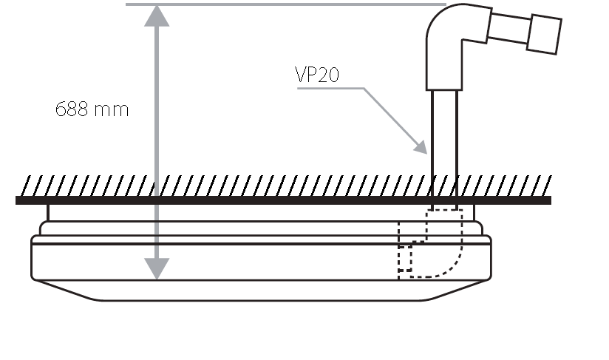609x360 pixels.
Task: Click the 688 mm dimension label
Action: (92, 110)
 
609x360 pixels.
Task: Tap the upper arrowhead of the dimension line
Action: (156, 15)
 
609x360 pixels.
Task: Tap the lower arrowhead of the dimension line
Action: (156, 268)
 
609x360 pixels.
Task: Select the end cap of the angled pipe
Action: (544, 34)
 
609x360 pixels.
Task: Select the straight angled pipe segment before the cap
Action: (506, 29)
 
